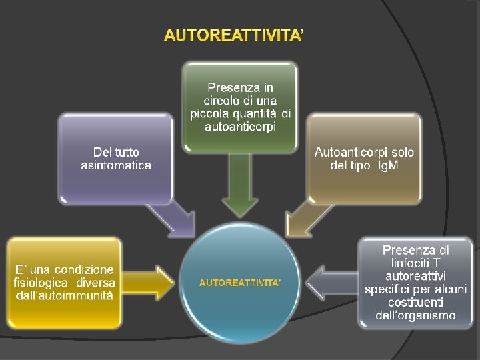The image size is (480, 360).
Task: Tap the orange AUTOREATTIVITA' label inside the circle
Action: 240,283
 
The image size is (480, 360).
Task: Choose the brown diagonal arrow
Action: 307,216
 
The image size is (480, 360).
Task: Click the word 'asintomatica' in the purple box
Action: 116,165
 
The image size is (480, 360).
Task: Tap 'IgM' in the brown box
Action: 384,165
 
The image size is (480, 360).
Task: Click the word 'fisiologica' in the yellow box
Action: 41,283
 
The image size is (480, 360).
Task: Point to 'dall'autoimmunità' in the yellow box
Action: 64,295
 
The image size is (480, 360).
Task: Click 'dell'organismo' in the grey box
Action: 415,315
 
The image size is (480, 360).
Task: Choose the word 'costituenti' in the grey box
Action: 415,302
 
